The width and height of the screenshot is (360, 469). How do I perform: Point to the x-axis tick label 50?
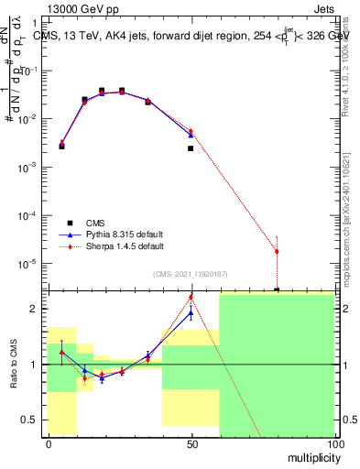click(x=191, y=443)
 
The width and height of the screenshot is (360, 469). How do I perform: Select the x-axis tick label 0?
click(x=49, y=443)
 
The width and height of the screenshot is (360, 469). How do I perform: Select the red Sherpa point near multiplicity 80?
click(x=277, y=251)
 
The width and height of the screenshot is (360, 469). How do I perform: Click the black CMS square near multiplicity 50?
click(x=191, y=148)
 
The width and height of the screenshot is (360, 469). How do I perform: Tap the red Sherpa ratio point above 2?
click(x=191, y=297)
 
